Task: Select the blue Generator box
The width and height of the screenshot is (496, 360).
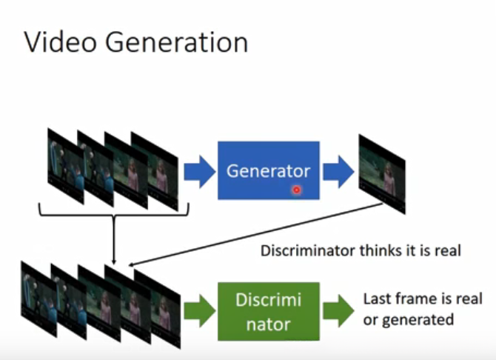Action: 268,170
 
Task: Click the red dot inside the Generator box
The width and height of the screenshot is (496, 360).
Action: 297,190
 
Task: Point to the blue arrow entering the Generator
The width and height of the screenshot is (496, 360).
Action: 198,172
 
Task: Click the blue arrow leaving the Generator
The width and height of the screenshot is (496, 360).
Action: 338,172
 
